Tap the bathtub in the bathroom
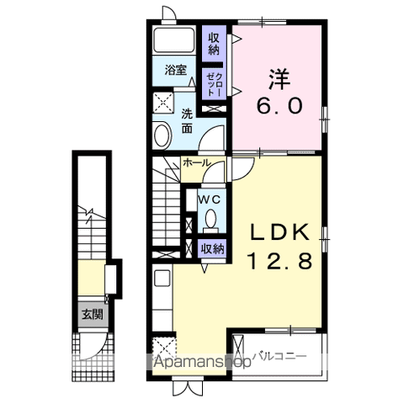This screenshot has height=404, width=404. (175, 42)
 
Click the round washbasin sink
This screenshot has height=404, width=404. (162, 136)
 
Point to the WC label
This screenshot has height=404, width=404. (210, 199)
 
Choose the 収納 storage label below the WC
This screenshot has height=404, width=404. (212, 248)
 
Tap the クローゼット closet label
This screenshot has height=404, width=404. (214, 84)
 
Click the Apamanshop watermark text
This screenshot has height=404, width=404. (201, 364)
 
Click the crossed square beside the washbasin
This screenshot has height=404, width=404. (162, 104)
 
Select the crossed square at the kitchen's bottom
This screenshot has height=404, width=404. (162, 348)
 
